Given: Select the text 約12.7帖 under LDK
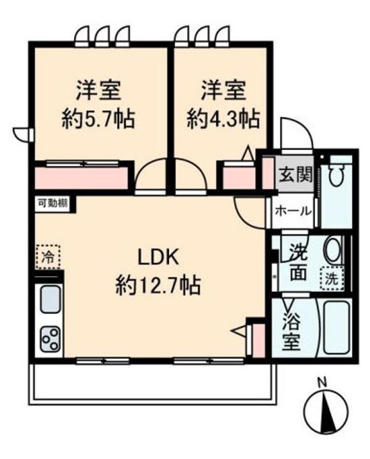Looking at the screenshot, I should click(x=158, y=285).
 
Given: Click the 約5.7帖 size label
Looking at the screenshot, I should click(x=99, y=119).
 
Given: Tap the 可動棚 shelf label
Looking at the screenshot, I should click(x=52, y=204).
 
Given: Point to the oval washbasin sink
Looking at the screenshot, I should click(x=332, y=250).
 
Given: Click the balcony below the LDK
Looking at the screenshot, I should click(x=151, y=383).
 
